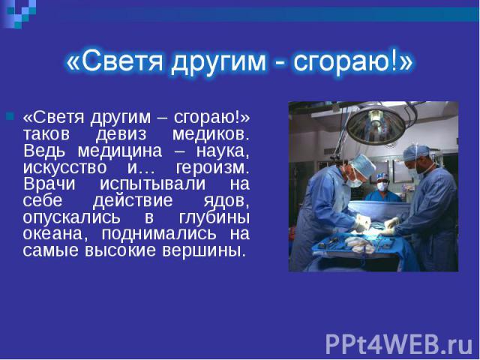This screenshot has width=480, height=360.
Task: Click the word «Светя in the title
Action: [114, 61]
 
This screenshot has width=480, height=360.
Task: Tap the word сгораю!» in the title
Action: [353, 61]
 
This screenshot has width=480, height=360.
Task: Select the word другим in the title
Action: [218, 62]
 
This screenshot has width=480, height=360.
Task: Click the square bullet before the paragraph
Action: [10, 116]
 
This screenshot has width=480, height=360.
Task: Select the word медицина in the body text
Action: [120, 151]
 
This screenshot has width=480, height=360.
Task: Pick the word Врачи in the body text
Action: [49, 184]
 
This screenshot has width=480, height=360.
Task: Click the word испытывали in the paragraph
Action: [152, 184]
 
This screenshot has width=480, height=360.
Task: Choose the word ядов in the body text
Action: [225, 201]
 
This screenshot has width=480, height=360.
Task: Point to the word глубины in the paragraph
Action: [214, 217]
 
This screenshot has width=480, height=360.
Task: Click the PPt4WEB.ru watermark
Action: [399, 344]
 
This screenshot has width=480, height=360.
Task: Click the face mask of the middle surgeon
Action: [382, 187]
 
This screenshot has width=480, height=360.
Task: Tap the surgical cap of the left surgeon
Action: [364, 165]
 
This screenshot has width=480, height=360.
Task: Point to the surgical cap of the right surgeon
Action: [416, 152]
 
